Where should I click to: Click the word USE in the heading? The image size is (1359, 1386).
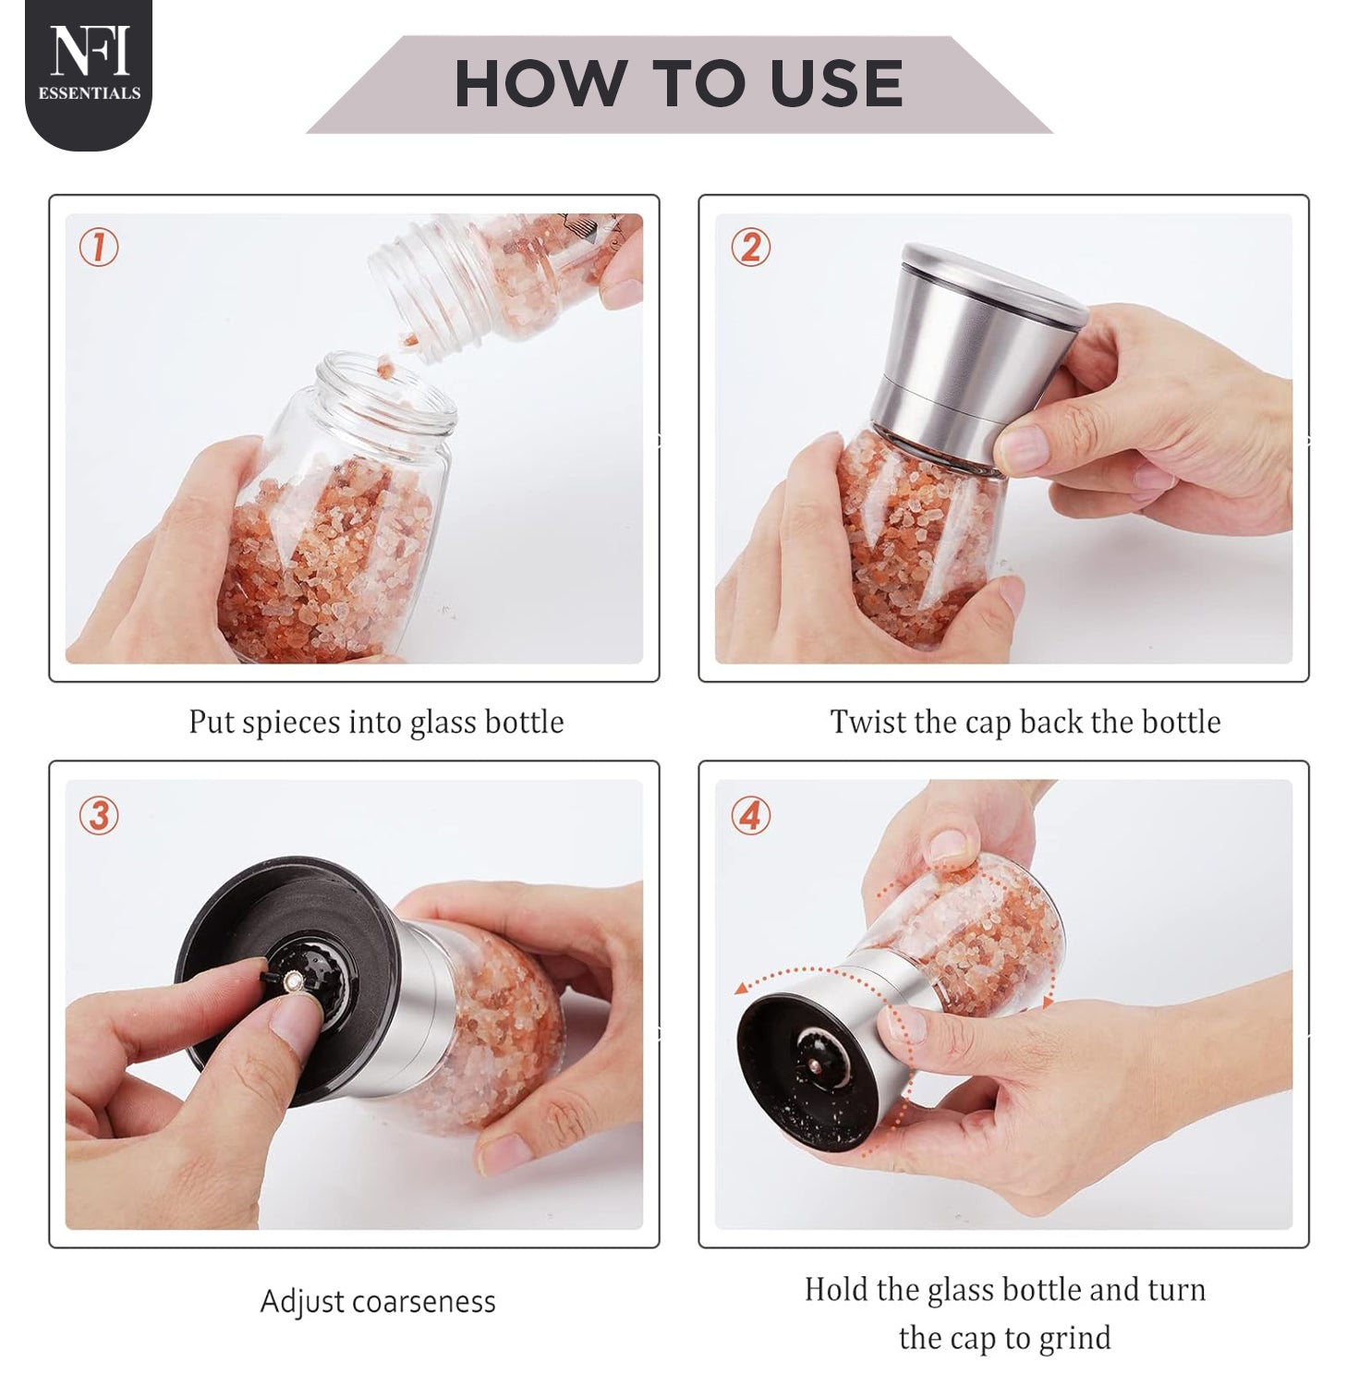(x=837, y=84)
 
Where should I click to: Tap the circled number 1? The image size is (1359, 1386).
(x=99, y=248)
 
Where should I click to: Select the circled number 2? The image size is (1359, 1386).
(x=750, y=248)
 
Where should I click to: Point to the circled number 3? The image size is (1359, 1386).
(x=99, y=816)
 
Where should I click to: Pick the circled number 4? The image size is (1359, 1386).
(x=750, y=816)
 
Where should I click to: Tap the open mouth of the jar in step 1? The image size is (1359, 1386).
(x=386, y=393)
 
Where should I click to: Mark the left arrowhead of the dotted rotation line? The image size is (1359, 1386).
(x=741, y=989)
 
